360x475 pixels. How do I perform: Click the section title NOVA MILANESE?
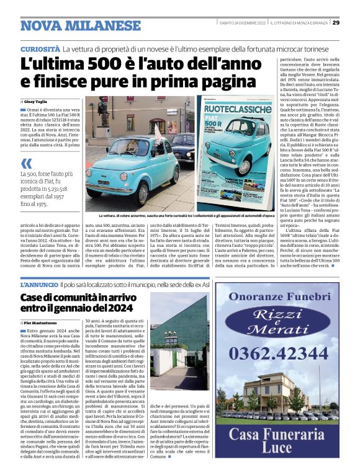click(81, 26)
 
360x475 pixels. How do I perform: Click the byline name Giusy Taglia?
click(36, 100)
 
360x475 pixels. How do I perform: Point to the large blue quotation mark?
click(26, 164)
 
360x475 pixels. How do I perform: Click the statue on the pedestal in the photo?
click(102, 112)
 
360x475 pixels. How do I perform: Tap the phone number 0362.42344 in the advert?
click(276, 353)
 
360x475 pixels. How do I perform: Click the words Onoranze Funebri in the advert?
click(276, 296)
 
